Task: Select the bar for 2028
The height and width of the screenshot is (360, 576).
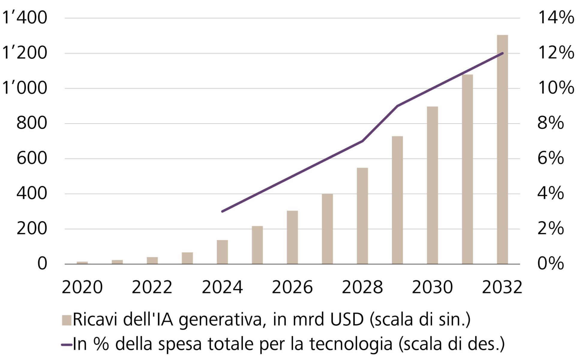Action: point(362,216)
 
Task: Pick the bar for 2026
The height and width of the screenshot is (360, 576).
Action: point(292,237)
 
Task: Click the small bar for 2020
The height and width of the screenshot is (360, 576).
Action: point(82,263)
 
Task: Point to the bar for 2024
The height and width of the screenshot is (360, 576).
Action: point(222,252)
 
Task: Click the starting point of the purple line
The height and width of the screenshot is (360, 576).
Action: point(222,211)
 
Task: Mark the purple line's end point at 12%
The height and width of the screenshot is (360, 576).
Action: point(502,53)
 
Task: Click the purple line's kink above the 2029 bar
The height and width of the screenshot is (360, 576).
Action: point(397,106)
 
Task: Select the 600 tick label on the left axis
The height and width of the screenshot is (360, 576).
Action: point(32,158)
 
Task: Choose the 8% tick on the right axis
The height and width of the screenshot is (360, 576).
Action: point(550,123)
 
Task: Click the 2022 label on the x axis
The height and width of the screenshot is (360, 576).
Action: point(152,287)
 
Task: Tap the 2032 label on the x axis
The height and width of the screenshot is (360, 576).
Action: point(502,287)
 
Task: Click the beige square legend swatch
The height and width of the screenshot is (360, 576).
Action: point(66,320)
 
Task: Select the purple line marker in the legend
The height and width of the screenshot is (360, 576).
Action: point(66,345)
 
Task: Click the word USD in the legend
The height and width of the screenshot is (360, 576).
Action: point(347,319)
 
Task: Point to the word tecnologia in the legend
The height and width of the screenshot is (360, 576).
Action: point(351,344)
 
